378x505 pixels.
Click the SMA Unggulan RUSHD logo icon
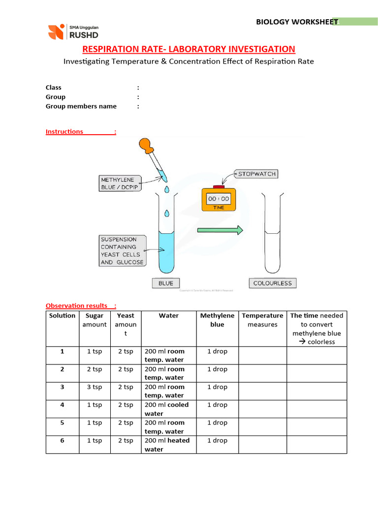click(x=56, y=32)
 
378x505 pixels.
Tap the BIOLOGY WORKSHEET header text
click(x=297, y=22)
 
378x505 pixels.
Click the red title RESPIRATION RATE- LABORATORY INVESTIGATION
click(x=189, y=49)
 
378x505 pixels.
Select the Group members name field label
click(x=81, y=106)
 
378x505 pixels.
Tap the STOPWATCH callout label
click(x=256, y=174)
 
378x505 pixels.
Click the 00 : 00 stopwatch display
click(x=218, y=198)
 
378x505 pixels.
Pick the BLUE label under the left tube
click(x=166, y=283)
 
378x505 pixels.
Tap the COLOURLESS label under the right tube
click(x=273, y=283)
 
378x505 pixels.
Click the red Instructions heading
click(x=64, y=132)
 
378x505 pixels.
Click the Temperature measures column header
click(x=262, y=320)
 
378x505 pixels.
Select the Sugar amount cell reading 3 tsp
click(x=94, y=387)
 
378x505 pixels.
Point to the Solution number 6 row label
click(x=62, y=440)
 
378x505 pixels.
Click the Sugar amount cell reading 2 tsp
click(x=94, y=369)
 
